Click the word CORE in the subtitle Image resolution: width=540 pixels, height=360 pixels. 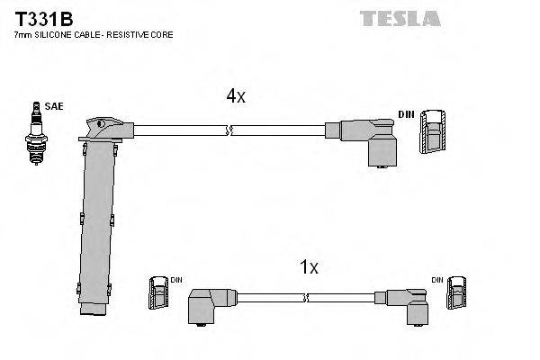(163, 35)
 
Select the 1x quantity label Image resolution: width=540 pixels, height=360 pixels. (310, 265)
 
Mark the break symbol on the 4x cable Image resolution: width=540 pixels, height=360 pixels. (231, 131)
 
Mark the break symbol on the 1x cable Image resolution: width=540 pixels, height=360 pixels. (307, 297)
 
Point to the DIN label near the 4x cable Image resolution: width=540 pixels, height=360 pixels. (406, 114)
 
